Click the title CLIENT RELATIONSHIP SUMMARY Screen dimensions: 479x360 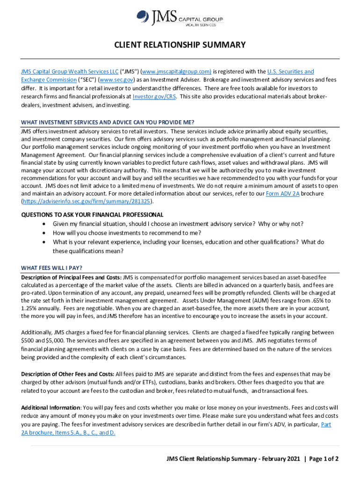(x=180, y=45)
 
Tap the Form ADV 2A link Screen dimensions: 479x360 (x=282, y=193)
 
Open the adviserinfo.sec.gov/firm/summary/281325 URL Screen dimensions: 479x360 (x=87, y=202)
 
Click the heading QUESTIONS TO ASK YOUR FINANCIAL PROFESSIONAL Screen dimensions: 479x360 (x=92, y=215)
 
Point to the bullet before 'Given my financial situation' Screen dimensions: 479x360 (x=44, y=224)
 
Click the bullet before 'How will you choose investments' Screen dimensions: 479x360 (x=44, y=233)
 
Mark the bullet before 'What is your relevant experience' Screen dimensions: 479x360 (x=44, y=242)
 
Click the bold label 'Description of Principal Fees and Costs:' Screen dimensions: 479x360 (x=71, y=277)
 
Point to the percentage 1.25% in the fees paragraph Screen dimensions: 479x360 (x=29, y=308)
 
